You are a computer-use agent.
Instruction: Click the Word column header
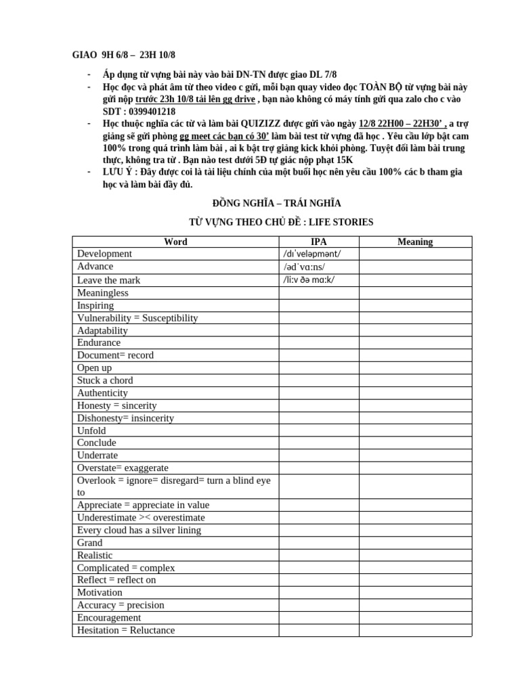(x=176, y=242)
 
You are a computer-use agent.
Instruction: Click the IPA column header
(x=318, y=242)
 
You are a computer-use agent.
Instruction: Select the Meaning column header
(x=415, y=242)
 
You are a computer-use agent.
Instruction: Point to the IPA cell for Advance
(x=304, y=267)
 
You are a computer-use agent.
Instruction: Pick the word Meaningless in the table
(x=103, y=292)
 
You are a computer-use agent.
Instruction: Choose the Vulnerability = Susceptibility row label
(x=137, y=318)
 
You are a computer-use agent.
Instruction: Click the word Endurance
(x=99, y=342)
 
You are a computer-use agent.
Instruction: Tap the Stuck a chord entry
(x=105, y=380)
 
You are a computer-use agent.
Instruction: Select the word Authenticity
(x=102, y=393)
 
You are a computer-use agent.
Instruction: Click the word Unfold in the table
(x=91, y=430)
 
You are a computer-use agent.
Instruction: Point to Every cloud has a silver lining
(x=139, y=530)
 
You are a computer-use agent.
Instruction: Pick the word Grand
(x=90, y=543)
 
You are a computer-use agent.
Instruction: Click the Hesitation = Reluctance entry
(x=126, y=630)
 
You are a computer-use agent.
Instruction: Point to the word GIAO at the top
(x=85, y=55)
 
